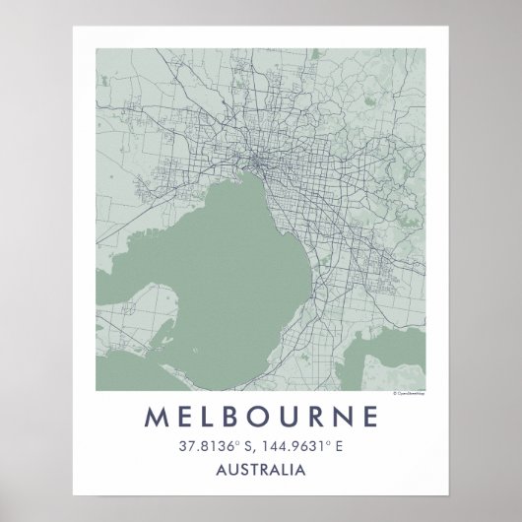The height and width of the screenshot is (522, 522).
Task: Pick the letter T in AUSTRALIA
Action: point(255,472)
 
